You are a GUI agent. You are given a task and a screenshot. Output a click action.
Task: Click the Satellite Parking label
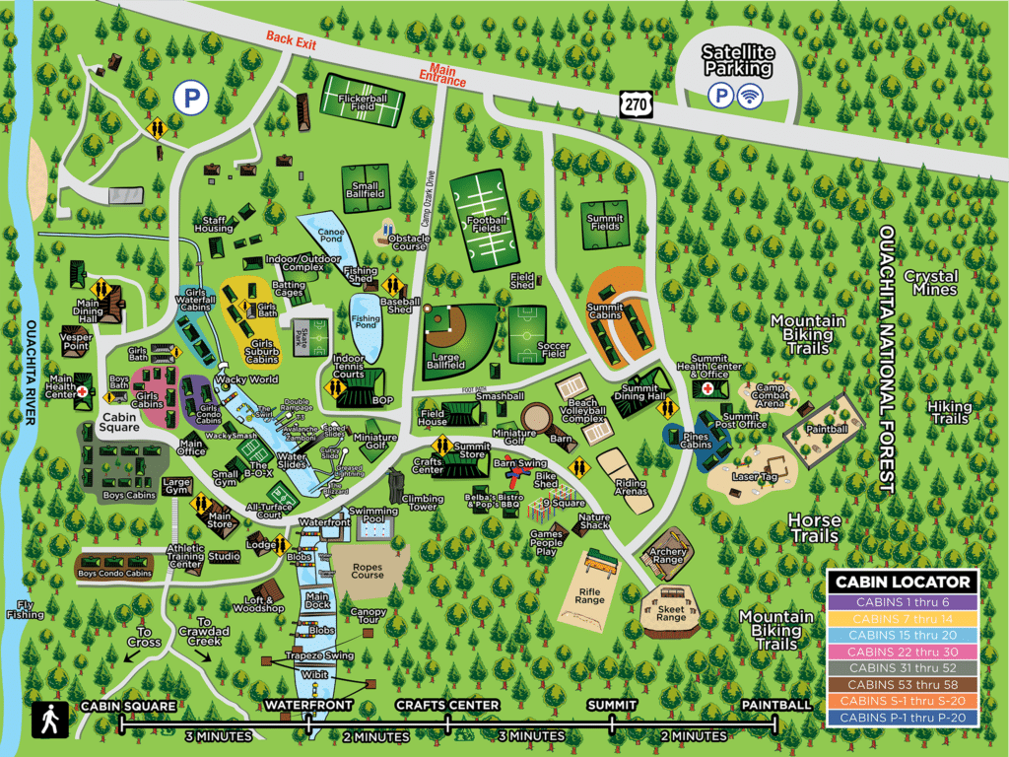(x=736, y=60)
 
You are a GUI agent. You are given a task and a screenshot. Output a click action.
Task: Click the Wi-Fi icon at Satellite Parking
(x=752, y=95)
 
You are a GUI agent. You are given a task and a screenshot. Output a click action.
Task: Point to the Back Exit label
(x=291, y=37)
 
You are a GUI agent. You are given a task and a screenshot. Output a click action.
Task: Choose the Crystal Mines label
(x=930, y=283)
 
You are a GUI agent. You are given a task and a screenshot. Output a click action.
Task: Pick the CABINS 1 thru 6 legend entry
(x=903, y=602)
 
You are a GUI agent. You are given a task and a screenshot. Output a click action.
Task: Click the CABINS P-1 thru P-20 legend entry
(x=903, y=719)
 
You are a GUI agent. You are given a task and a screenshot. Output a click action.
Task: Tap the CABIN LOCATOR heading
(x=903, y=582)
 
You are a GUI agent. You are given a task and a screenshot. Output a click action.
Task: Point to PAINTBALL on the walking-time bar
(x=775, y=705)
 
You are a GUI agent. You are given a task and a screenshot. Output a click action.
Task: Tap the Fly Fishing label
(x=25, y=609)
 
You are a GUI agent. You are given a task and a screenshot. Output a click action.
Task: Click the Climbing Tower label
(x=422, y=504)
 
